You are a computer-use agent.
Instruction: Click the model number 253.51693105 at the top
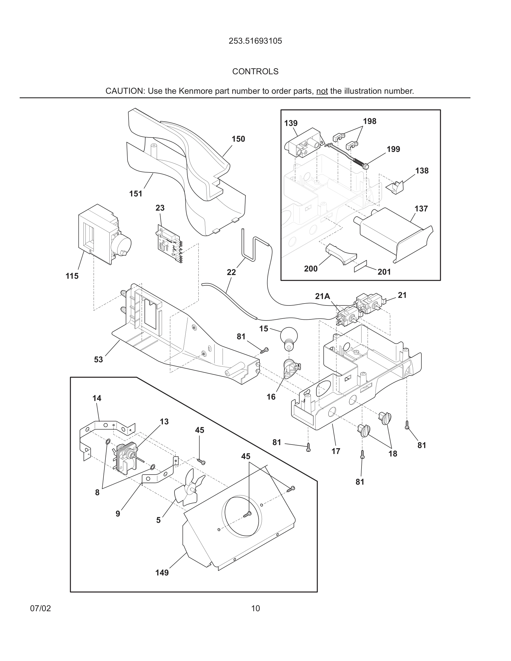[255, 41]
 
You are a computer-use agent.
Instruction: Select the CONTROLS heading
[255, 71]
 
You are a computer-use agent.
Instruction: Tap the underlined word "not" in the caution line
[322, 91]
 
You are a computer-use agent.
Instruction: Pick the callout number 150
[238, 139]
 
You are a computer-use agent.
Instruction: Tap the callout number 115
[72, 276]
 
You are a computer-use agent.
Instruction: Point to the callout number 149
[162, 573]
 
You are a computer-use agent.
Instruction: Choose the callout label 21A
[322, 296]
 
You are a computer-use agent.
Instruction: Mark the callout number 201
[384, 272]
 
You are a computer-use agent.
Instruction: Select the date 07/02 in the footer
[41, 608]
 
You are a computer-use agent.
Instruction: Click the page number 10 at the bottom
[255, 608]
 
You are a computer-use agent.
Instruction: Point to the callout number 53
[98, 359]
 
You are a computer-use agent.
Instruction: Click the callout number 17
[336, 451]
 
